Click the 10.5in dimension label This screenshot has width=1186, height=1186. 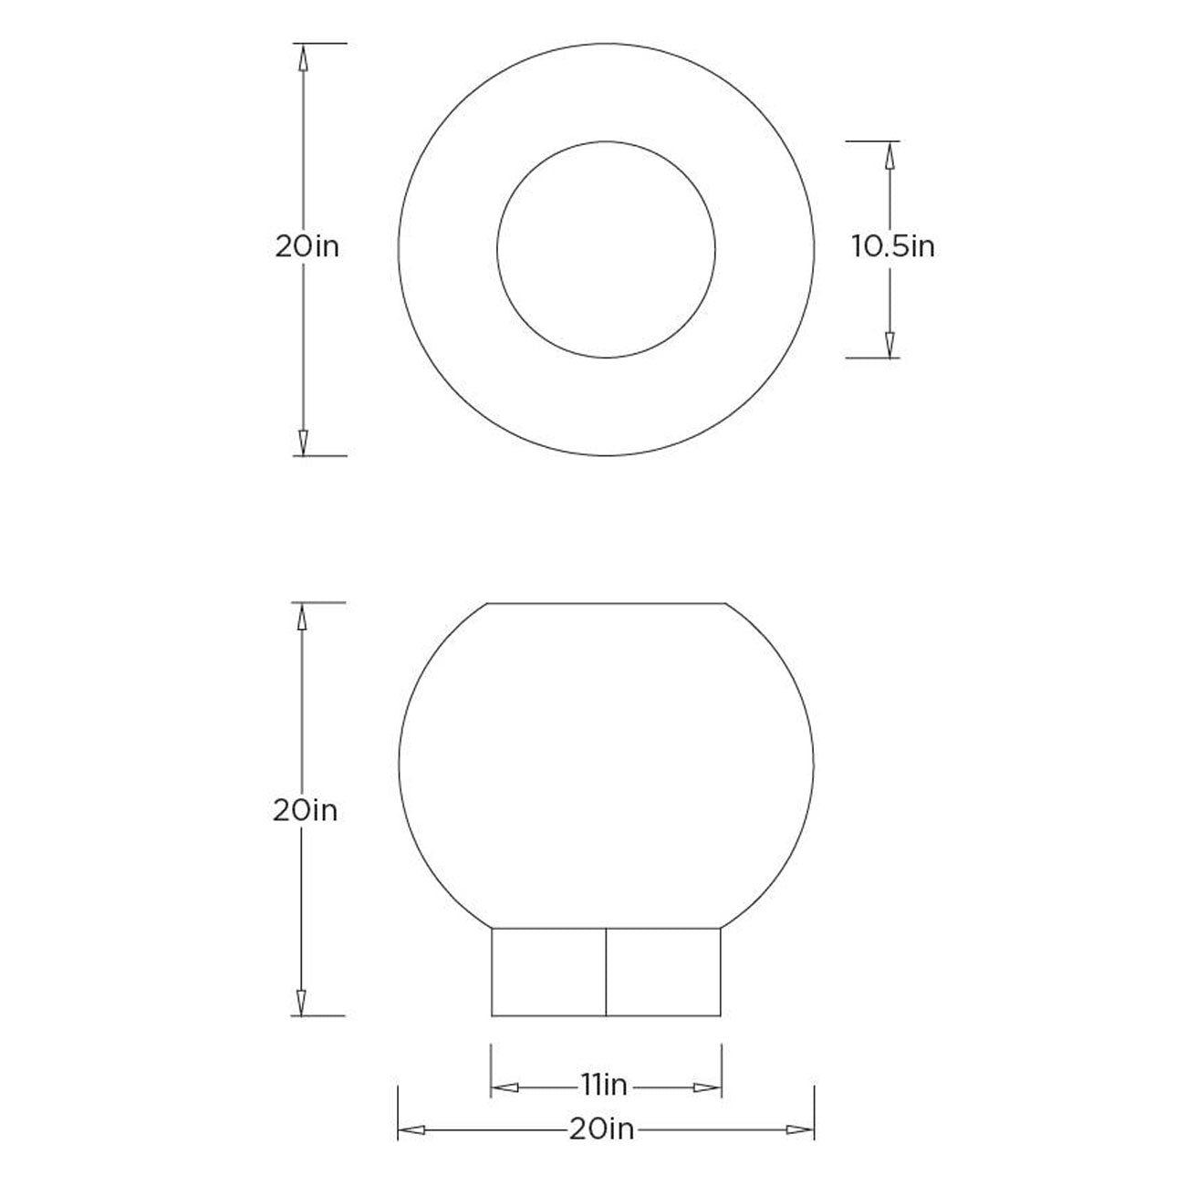click(893, 247)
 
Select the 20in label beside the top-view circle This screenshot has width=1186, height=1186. click(307, 247)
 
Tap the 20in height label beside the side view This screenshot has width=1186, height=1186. click(306, 811)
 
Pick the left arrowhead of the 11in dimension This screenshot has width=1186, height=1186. click(505, 1087)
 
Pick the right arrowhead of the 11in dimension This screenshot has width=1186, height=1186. click(707, 1087)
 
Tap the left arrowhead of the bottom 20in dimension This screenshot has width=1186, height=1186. click(411, 1130)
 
